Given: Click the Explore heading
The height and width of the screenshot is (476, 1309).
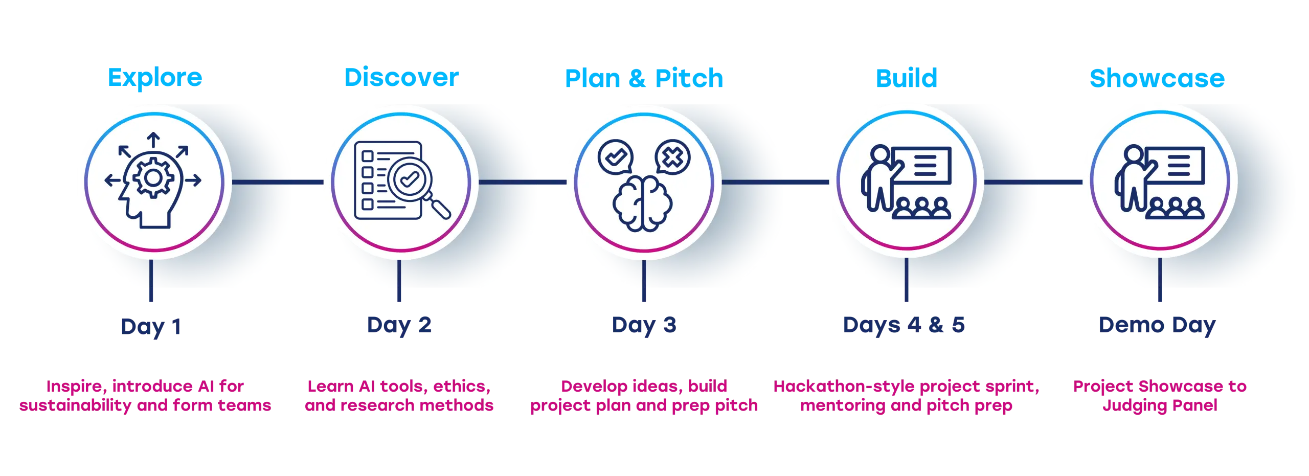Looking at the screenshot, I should point(155,78).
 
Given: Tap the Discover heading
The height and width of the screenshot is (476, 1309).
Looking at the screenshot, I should point(400,78).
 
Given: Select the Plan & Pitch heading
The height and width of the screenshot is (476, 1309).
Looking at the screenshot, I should point(644,78).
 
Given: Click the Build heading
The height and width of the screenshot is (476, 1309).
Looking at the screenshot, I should point(906,78).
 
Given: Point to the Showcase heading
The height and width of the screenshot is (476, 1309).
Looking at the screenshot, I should point(1157,78).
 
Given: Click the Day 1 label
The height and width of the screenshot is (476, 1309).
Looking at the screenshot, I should point(151,326).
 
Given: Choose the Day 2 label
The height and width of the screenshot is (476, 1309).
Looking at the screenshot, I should point(399,326).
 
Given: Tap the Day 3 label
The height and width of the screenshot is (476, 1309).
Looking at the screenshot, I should point(644,326).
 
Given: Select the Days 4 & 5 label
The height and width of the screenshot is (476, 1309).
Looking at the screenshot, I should point(904,326).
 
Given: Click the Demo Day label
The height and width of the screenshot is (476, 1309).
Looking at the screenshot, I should point(1157,326).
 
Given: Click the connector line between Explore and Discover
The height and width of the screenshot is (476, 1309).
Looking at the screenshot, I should point(278,182).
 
